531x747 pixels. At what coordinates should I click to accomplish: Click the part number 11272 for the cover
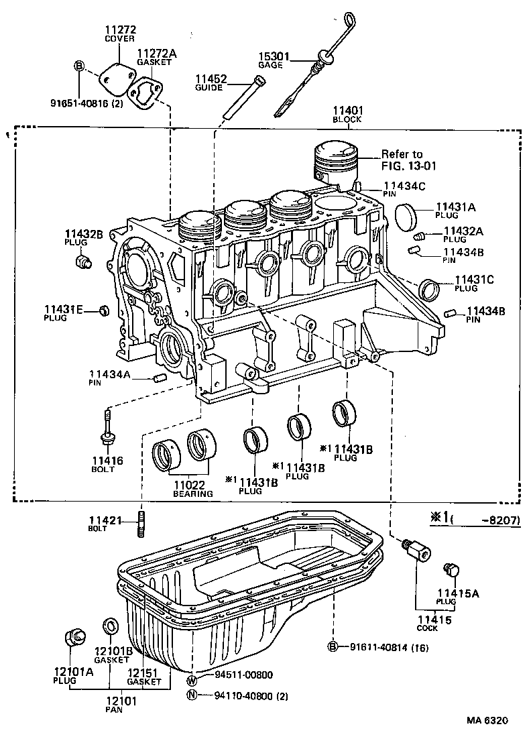pos(121,30)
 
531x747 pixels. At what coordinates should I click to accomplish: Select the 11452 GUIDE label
pos(209,82)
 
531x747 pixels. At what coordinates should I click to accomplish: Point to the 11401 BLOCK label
pos(347,115)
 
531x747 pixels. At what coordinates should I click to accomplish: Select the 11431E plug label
pos(64,312)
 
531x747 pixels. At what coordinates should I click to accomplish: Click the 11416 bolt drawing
pos(106,429)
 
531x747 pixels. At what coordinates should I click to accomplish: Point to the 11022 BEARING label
pos(192,488)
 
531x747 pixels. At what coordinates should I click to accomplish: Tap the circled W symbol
pos(192,675)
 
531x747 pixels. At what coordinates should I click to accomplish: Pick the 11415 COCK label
pos(427,623)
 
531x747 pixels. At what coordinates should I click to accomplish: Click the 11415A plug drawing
pos(452,571)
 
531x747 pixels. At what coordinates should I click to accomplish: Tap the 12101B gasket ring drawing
pos(109,627)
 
